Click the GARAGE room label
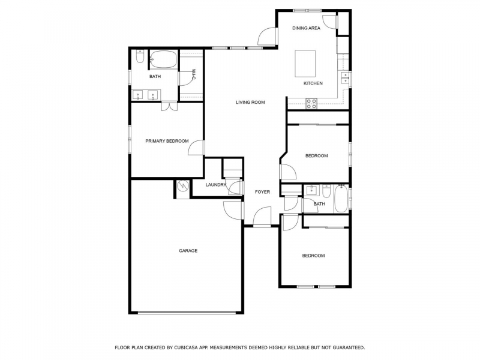click(x=188, y=251)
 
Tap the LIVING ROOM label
click(x=250, y=102)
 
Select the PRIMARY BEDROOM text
click(x=167, y=141)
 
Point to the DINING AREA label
click(x=306, y=28)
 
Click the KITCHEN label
click(x=313, y=83)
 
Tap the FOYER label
click(x=262, y=192)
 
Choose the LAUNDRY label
click(x=216, y=185)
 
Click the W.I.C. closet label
click(x=194, y=74)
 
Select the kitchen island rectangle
click(x=305, y=64)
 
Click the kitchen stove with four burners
click(x=311, y=103)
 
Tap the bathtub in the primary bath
click(x=164, y=59)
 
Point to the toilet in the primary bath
click(x=140, y=57)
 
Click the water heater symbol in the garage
click(x=183, y=185)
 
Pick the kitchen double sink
click(x=346, y=78)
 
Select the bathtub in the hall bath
click(x=341, y=199)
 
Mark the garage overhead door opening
click(x=187, y=313)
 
